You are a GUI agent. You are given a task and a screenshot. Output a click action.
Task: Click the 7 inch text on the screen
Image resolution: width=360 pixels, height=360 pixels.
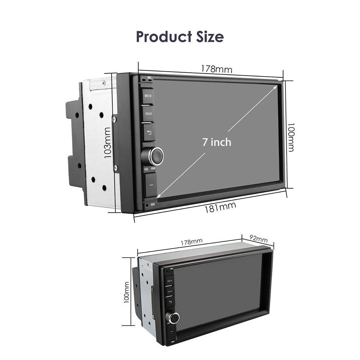[216, 142]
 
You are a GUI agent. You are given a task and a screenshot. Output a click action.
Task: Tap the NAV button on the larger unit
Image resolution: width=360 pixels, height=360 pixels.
[148, 113]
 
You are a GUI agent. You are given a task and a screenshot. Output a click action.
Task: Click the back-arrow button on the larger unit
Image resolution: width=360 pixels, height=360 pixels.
[148, 132]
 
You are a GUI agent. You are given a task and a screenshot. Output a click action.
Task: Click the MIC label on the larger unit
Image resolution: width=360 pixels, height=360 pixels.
[149, 77]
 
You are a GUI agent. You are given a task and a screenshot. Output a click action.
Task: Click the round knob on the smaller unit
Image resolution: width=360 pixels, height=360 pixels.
[175, 317]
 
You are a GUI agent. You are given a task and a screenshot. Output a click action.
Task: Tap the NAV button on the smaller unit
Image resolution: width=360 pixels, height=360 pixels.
[170, 291]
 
